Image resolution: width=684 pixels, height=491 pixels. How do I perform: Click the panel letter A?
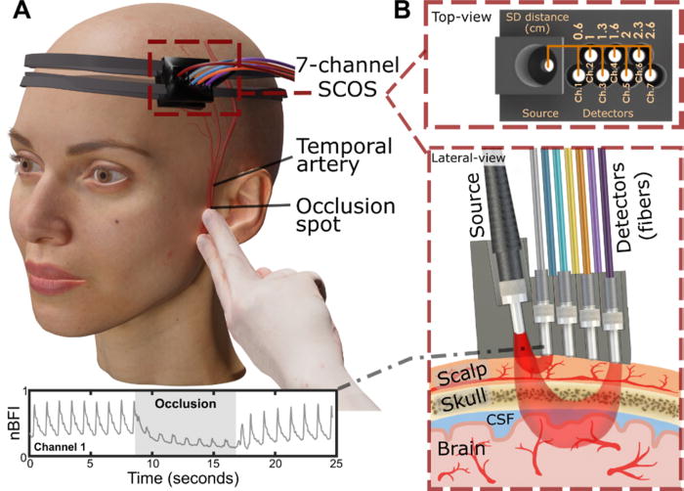[17, 14]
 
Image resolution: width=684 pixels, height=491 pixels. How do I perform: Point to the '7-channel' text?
[344, 67]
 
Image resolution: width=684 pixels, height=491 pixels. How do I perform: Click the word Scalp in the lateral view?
[461, 376]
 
